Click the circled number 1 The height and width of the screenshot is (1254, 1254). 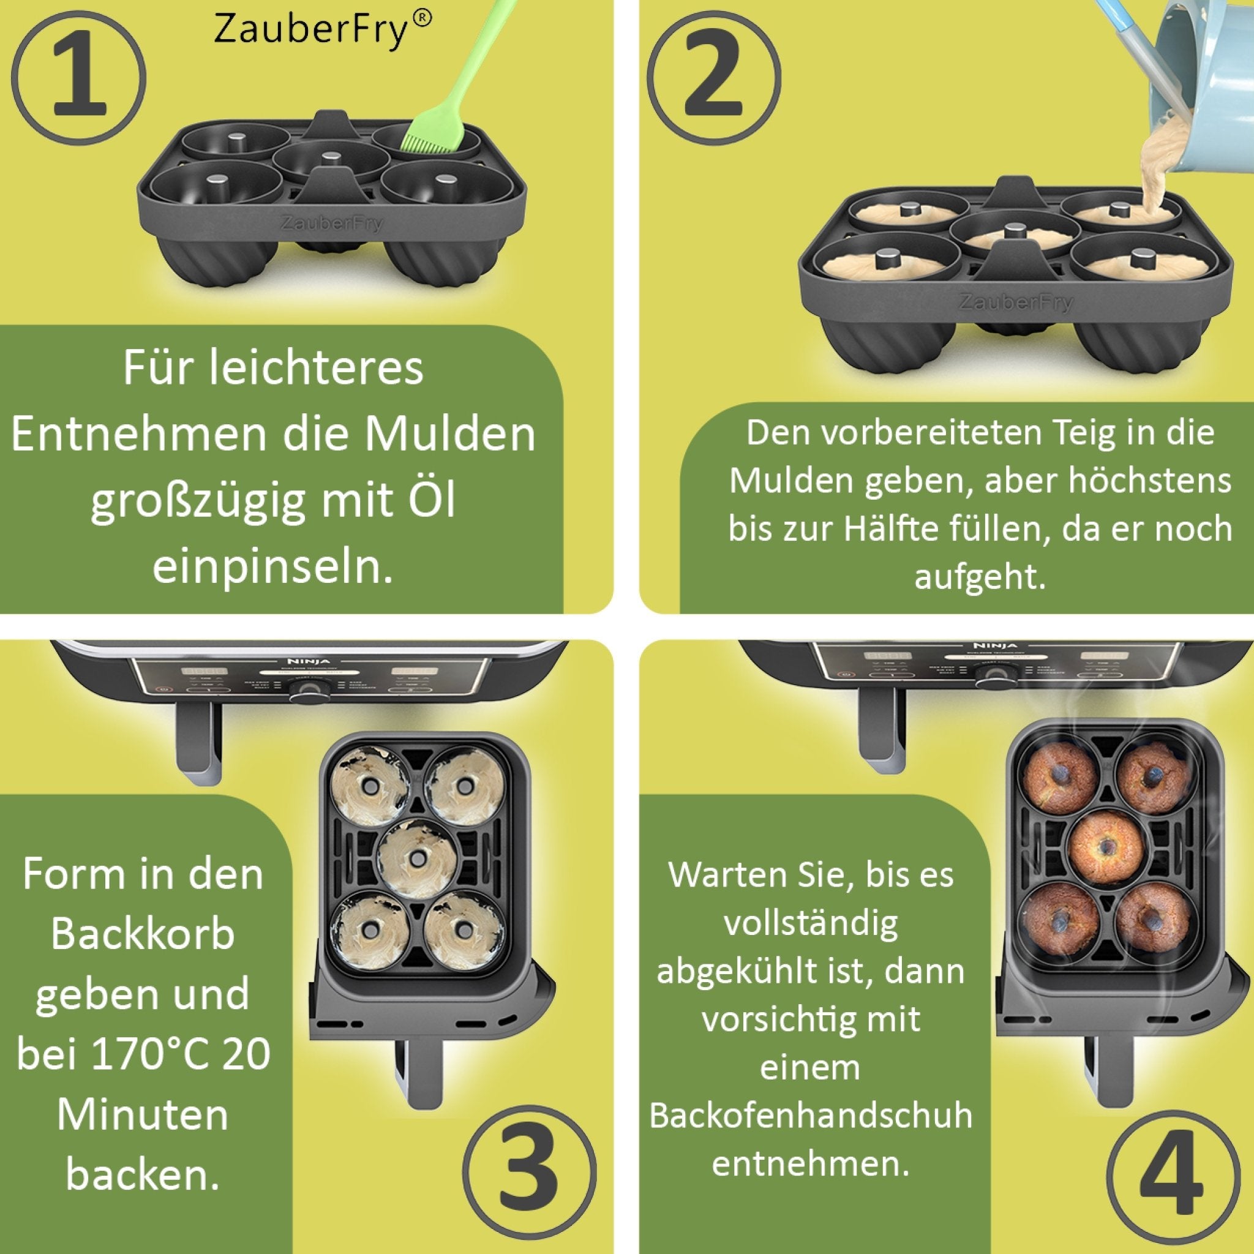pos(78,78)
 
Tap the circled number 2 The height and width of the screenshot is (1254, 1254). pos(713,78)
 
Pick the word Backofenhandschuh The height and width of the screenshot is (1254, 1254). pos(811,1115)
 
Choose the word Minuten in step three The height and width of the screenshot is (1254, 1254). pos(143,1115)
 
